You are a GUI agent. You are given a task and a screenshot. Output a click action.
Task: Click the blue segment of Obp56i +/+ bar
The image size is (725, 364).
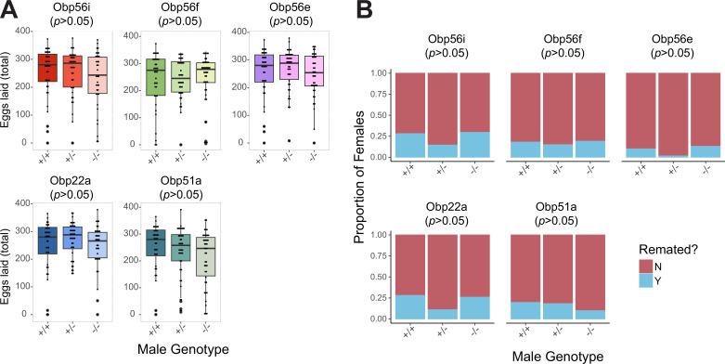(x=409, y=145)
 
